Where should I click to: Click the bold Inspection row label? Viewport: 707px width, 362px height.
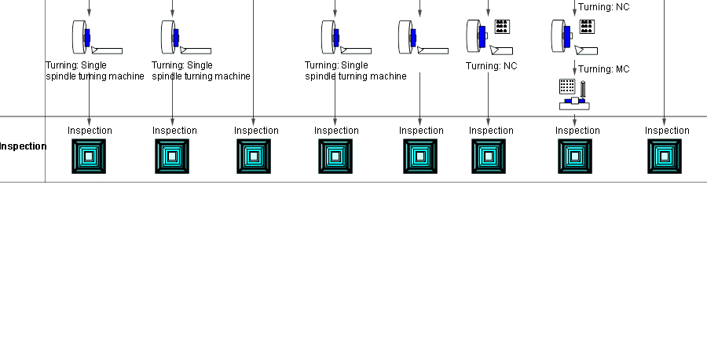(23, 146)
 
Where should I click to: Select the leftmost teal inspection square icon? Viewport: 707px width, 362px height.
(89, 157)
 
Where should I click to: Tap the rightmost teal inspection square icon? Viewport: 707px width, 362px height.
(664, 157)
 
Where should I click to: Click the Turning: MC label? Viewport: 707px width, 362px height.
(604, 69)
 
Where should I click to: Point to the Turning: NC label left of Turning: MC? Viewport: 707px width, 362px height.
(492, 66)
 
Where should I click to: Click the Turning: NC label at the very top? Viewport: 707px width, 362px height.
(604, 7)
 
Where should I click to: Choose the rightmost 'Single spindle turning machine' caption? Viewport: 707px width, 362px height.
(356, 71)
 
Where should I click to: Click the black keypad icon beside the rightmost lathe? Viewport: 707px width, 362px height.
(586, 27)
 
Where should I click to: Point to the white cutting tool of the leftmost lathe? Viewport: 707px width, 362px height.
(107, 50)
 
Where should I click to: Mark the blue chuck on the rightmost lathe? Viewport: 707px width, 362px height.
(566, 35)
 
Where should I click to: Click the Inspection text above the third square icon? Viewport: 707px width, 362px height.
(256, 131)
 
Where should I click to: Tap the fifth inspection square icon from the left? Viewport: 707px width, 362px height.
(420, 157)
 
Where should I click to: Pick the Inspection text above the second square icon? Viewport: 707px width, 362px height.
(174, 131)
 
